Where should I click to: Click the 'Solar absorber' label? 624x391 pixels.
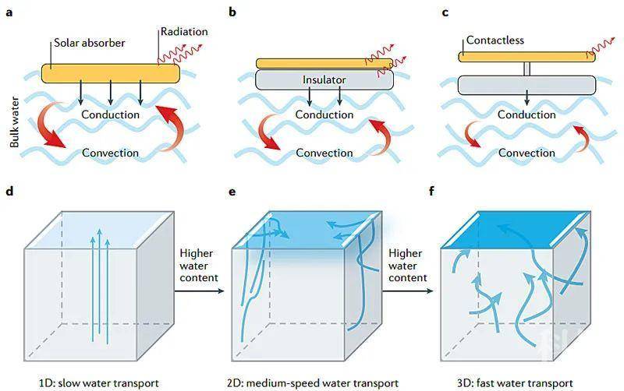[90, 43]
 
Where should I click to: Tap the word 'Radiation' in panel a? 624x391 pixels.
[184, 32]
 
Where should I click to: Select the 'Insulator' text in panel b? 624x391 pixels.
[324, 80]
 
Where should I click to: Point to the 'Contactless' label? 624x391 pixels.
[495, 41]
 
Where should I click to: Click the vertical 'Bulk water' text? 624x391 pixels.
[14, 122]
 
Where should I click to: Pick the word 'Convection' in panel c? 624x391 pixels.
[526, 153]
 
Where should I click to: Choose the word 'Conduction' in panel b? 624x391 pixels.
[324, 114]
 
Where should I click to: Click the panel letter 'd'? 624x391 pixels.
[9, 191]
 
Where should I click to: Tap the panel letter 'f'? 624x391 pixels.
[432, 191]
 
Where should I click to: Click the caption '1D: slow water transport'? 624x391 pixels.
[99, 383]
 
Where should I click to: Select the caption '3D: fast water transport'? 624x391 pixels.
[515, 383]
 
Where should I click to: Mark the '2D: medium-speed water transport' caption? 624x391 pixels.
[313, 383]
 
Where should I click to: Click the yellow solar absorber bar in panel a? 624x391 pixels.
[111, 74]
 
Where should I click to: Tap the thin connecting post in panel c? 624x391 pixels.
[527, 69]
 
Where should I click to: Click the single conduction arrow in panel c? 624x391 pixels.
[527, 98]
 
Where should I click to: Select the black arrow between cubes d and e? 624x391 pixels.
[200, 291]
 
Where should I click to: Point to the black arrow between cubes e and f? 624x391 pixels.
[408, 291]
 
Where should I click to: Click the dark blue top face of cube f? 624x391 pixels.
[516, 231]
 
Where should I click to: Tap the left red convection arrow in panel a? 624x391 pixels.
[50, 125]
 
